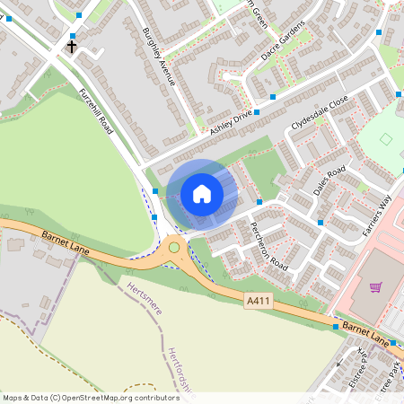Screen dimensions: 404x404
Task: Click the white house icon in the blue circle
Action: [202, 193]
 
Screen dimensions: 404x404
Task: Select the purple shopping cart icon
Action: [375, 287]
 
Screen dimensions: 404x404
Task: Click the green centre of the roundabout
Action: [174, 247]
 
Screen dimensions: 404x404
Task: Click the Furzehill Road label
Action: [95, 112]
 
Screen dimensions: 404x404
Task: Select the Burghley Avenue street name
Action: [158, 56]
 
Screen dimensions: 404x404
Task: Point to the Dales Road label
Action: [329, 178]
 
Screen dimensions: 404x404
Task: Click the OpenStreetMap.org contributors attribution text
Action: [90, 397]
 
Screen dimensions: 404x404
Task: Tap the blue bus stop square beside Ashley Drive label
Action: [257, 112]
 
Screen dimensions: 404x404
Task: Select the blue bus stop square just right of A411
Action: [336, 328]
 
